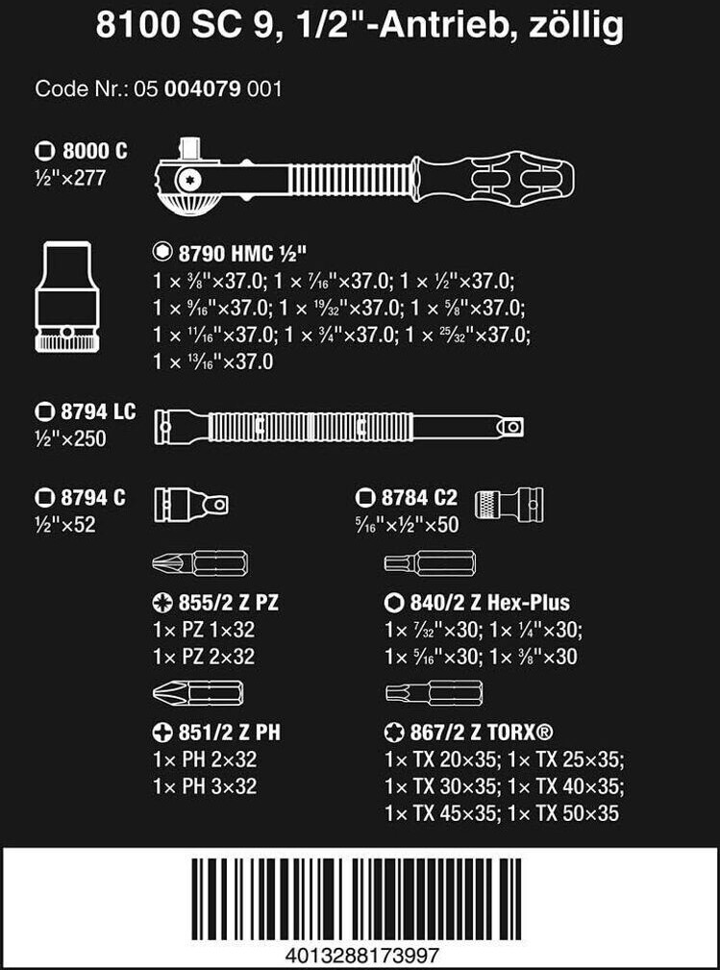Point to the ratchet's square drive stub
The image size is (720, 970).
(x=188, y=149)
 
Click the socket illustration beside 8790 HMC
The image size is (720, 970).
(x=67, y=297)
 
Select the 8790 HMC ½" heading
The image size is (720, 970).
(x=230, y=253)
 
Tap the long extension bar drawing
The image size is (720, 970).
(x=339, y=426)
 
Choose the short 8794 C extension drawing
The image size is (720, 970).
(x=190, y=503)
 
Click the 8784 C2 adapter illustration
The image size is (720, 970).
(x=509, y=503)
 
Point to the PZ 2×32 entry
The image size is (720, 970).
(x=204, y=657)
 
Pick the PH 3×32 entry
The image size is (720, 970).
(x=205, y=786)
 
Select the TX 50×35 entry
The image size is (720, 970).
(x=563, y=813)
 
